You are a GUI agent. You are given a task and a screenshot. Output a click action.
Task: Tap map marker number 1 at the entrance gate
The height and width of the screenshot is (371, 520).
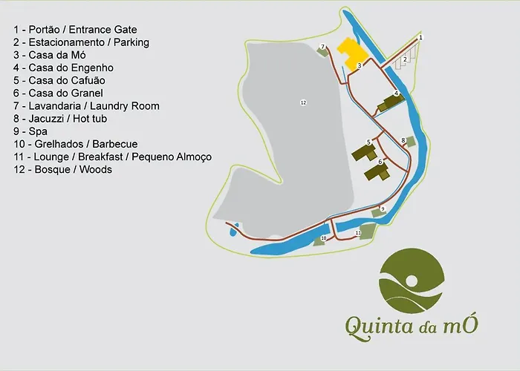pos(420,37)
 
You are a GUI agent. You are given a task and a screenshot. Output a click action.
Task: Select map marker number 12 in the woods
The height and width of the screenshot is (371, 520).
pos(303,102)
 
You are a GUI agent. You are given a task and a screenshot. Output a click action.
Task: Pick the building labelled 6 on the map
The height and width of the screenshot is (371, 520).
pos(376,172)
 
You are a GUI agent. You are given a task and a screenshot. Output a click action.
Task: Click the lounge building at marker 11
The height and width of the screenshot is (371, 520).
pos(364,232)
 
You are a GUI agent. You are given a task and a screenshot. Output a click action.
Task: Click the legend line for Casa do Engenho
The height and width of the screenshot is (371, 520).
pos(74,68)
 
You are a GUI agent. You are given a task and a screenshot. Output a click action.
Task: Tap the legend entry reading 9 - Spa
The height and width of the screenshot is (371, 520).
pos(29,131)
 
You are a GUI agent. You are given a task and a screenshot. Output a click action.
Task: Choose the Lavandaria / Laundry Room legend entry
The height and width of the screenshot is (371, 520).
pos(86,106)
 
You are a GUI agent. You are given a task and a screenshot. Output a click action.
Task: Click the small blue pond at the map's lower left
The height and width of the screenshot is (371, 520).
pos(233,229)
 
